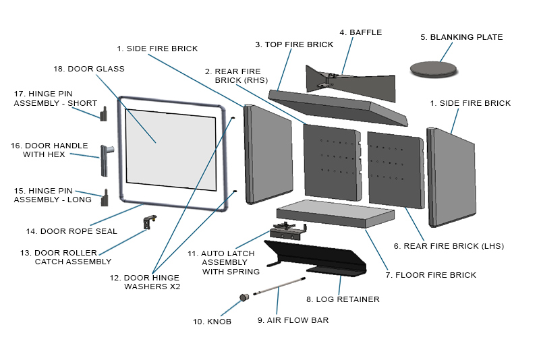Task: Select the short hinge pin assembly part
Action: [x=103, y=115]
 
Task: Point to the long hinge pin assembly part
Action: [x=103, y=199]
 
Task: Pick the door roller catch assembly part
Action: [x=149, y=221]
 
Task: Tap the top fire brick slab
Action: [x=337, y=104]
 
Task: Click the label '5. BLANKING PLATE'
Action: [x=461, y=37]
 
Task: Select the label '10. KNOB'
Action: [x=212, y=322]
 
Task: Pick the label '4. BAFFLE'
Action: [x=360, y=32]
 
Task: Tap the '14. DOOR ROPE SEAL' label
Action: [x=72, y=231]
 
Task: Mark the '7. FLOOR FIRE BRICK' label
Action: [x=430, y=275]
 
